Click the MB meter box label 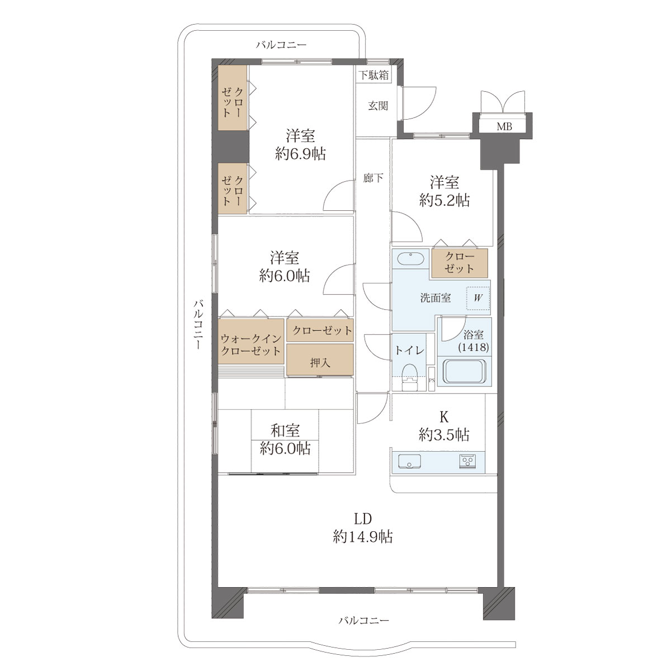pos(504,127)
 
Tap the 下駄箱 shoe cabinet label pos(374,75)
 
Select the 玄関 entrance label pos(378,106)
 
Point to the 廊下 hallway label pos(373,178)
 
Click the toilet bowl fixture pos(409,376)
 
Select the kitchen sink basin pos(409,461)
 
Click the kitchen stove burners pos(467,462)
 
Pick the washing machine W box pos(478,298)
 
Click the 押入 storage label pos(320,363)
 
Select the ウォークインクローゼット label pos(251,344)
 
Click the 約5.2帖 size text pos(445,201)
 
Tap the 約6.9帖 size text pos(300,154)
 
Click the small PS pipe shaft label pos(432,380)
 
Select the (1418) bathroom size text pos(473,347)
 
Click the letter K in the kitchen pos(444,417)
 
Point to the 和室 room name pos(285,431)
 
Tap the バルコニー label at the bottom pos(363,620)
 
